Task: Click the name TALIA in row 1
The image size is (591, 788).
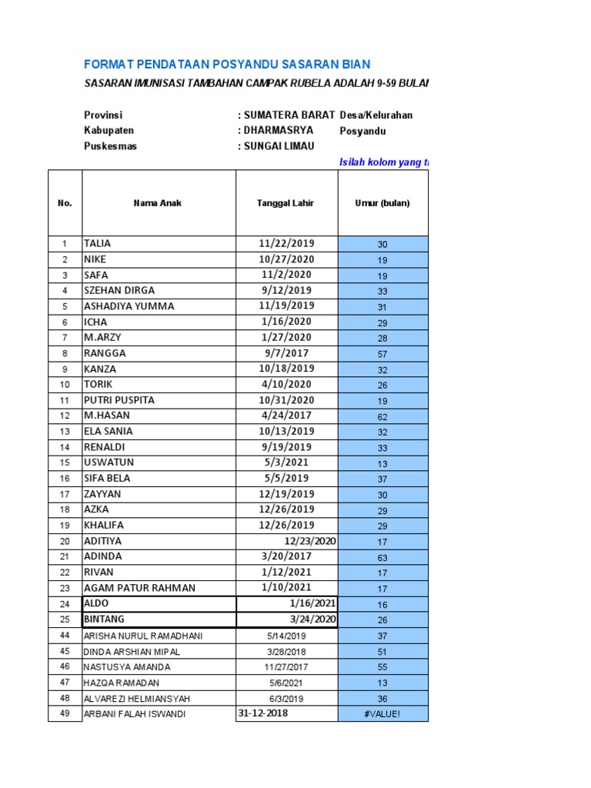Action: (x=98, y=243)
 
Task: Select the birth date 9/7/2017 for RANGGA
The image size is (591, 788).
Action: (x=285, y=353)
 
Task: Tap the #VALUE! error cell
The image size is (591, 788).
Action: (x=382, y=715)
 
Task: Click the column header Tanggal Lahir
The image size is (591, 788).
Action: (x=285, y=203)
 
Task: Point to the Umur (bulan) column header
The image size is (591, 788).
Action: (x=382, y=203)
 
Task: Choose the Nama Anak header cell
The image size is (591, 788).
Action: (x=158, y=203)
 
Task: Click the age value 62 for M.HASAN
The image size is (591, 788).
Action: (x=382, y=416)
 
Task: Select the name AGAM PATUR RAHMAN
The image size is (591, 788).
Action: (x=139, y=588)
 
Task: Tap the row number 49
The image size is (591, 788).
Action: (x=65, y=714)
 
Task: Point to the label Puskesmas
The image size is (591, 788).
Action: (x=110, y=146)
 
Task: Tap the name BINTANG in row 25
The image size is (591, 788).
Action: (x=105, y=619)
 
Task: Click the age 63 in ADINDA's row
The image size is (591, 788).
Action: (x=382, y=557)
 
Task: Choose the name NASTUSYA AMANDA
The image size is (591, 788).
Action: (x=127, y=667)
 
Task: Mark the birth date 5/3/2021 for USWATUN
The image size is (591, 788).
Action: (x=285, y=462)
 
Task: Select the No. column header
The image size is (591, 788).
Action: (x=65, y=203)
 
